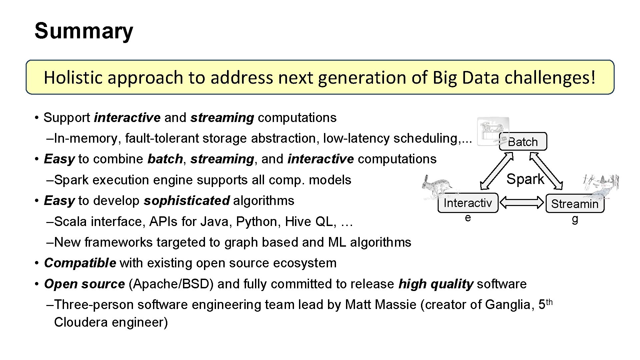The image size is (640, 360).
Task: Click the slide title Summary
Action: [84, 31]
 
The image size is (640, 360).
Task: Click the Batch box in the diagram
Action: [523, 142]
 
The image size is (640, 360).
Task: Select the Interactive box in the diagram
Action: [468, 203]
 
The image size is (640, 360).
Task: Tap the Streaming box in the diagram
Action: [575, 204]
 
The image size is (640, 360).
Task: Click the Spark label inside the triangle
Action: [525, 179]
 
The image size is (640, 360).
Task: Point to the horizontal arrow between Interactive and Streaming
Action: [522, 202]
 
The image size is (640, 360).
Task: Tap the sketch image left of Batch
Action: [493, 131]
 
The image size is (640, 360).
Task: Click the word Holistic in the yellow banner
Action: [73, 78]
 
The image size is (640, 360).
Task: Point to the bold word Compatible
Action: [80, 263]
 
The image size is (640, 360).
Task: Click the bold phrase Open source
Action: [84, 284]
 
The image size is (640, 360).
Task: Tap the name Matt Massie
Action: [381, 304]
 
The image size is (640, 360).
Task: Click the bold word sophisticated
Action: [187, 201]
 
